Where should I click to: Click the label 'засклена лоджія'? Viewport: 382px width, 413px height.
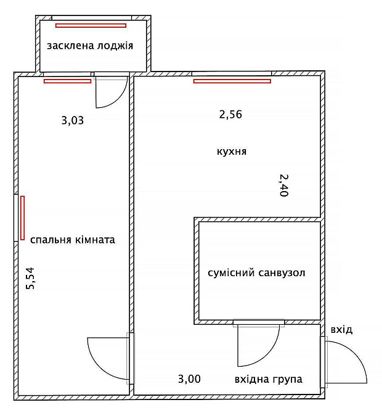90,46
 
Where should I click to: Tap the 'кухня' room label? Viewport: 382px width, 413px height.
232,151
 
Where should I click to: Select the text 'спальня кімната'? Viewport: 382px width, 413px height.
72,240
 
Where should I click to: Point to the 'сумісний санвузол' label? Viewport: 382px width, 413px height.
257,272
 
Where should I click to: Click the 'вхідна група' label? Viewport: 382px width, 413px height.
268,379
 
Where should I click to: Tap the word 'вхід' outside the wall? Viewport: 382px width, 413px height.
341,330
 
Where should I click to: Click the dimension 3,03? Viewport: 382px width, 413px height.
72,120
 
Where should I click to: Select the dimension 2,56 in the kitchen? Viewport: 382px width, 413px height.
230,114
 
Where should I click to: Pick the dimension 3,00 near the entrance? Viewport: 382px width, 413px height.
189,379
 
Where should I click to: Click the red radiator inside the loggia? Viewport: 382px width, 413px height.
91,26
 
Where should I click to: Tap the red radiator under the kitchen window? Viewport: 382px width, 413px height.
232,81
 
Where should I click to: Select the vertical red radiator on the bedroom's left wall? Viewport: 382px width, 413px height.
23,218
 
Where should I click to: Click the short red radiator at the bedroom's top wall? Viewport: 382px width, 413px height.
67,81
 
